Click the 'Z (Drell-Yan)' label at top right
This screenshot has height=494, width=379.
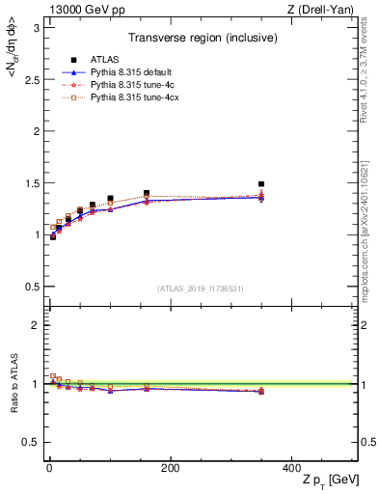(325, 10)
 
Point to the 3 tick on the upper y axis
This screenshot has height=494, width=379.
(37, 27)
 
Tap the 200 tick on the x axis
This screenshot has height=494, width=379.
(170, 468)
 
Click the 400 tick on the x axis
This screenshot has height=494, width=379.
(290, 468)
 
